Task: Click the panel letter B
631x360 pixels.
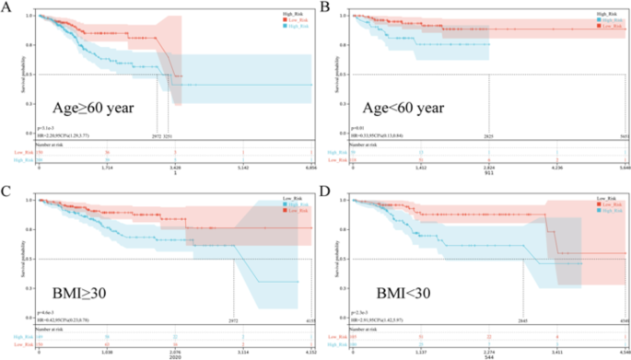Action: tap(324, 8)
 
